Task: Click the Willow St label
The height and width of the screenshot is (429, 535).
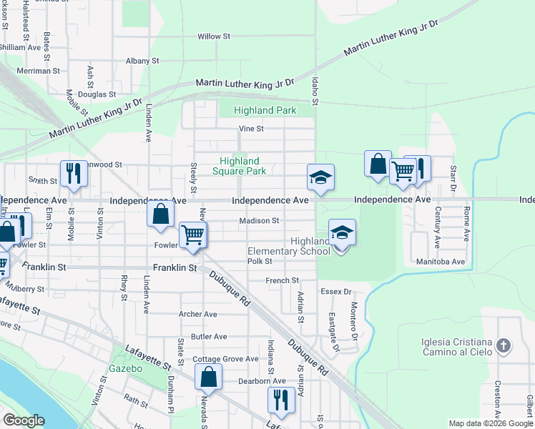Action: pos(214,36)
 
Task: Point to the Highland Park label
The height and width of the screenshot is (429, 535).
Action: pos(266,111)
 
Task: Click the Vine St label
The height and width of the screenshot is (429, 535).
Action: pos(251,129)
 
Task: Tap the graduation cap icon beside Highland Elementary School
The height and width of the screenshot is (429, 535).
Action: pos(342,233)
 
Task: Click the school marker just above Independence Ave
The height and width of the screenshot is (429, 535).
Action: pos(320,178)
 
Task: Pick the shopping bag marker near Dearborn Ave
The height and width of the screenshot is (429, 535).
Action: pos(208,377)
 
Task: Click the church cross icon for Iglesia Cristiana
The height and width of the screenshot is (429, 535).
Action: pos(504,346)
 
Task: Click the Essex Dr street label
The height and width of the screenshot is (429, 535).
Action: pos(337,292)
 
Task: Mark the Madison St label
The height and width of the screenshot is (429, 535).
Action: pos(259,221)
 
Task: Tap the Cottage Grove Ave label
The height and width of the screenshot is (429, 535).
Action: pos(225,359)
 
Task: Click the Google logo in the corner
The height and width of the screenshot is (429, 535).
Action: pos(24,420)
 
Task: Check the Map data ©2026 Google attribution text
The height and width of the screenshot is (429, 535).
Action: pos(491,423)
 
